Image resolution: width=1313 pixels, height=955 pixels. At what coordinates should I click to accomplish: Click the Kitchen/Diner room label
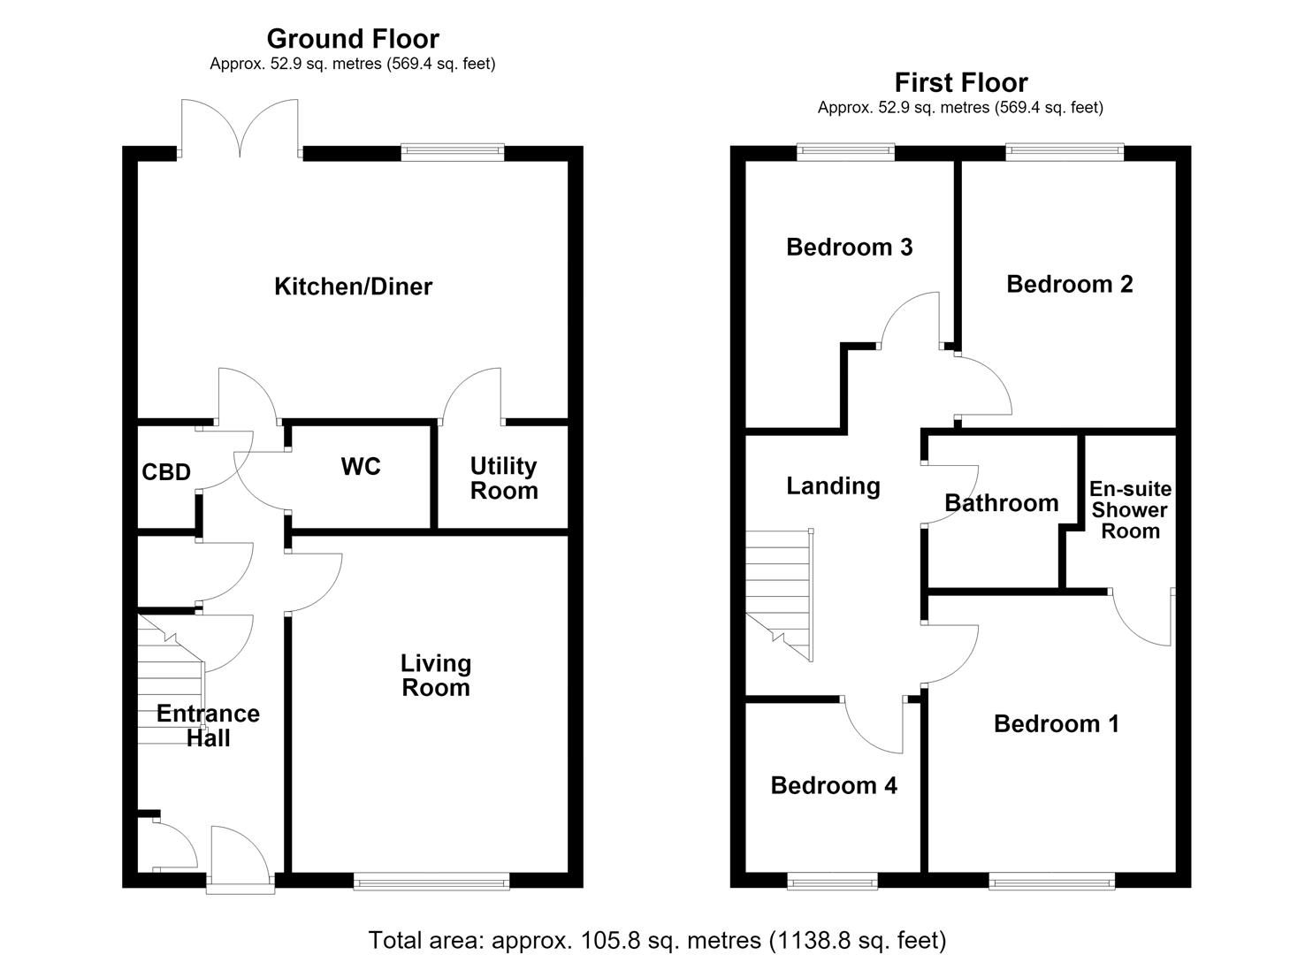(x=354, y=286)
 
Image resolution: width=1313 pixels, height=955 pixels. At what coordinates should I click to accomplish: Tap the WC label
(x=361, y=467)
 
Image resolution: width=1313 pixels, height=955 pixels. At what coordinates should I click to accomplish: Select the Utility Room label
(x=504, y=478)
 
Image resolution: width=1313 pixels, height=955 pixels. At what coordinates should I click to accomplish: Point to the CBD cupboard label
(x=166, y=472)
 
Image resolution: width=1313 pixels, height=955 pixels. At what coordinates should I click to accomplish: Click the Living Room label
(x=436, y=676)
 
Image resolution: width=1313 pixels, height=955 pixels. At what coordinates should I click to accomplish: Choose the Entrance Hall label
(x=208, y=726)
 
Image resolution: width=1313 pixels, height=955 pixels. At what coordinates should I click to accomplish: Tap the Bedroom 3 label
(x=850, y=248)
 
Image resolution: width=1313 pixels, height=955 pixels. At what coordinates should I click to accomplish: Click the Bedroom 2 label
(x=1070, y=285)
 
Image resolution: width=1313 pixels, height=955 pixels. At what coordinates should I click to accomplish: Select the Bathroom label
(x=1002, y=503)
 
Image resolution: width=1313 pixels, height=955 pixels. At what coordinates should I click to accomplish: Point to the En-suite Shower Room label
(x=1130, y=510)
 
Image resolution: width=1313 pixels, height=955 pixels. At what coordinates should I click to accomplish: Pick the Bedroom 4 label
(x=834, y=785)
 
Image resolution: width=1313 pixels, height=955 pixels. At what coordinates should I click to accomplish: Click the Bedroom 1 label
(x=1057, y=724)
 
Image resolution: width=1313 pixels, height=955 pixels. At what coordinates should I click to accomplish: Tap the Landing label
(x=833, y=486)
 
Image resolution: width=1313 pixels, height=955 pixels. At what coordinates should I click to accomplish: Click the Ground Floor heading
(x=353, y=39)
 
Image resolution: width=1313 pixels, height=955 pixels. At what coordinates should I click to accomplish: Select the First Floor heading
(x=961, y=82)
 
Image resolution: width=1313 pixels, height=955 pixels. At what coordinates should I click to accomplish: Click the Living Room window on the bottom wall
(x=432, y=881)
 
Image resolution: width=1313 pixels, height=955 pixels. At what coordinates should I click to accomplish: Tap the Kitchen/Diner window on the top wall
(x=453, y=152)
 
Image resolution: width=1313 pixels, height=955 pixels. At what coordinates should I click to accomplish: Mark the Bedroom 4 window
(x=832, y=881)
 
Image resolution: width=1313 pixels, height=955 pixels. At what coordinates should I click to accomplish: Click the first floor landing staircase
(x=779, y=595)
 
